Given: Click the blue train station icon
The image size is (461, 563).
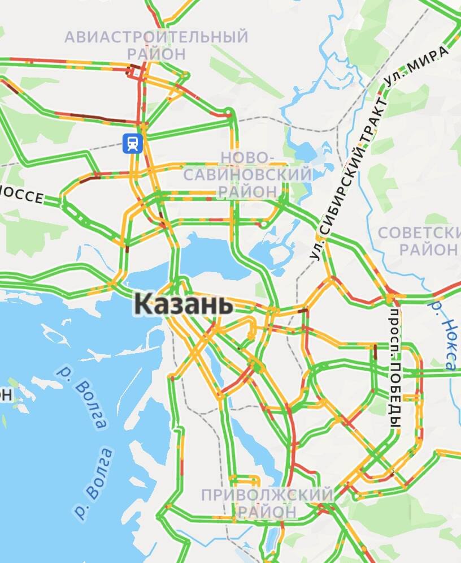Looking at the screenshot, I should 132,143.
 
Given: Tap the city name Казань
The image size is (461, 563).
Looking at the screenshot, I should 184,305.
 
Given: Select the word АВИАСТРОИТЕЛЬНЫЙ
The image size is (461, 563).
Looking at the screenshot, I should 156,37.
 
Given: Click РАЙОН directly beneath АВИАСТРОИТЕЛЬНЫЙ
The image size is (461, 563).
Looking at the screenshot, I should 156,54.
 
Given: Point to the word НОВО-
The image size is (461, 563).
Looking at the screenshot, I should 247,157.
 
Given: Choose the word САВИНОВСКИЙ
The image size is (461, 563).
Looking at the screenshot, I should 247,174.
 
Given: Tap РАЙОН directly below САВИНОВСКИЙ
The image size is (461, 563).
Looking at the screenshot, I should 247,191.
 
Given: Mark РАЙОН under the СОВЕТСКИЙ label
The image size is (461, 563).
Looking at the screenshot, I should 429,249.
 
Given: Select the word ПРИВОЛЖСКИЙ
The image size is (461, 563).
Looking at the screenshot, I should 267,495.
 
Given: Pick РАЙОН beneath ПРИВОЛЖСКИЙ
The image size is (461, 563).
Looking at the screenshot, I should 267,512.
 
